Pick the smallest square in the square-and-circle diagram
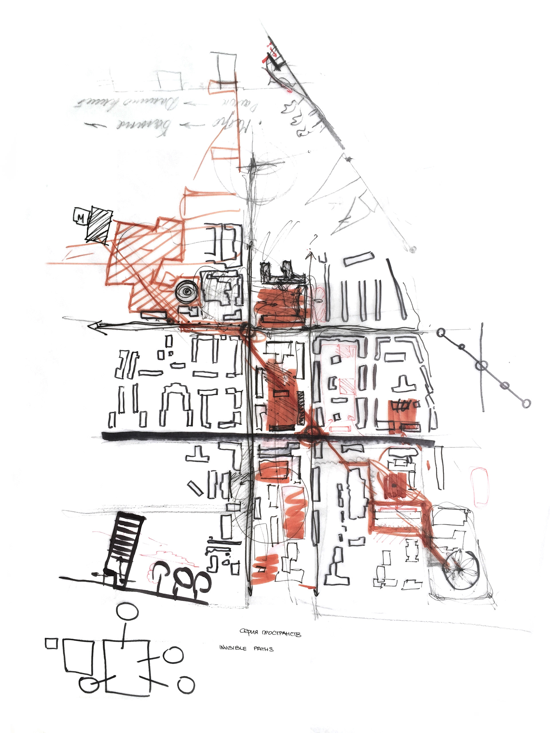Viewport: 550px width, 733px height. point(51,644)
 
